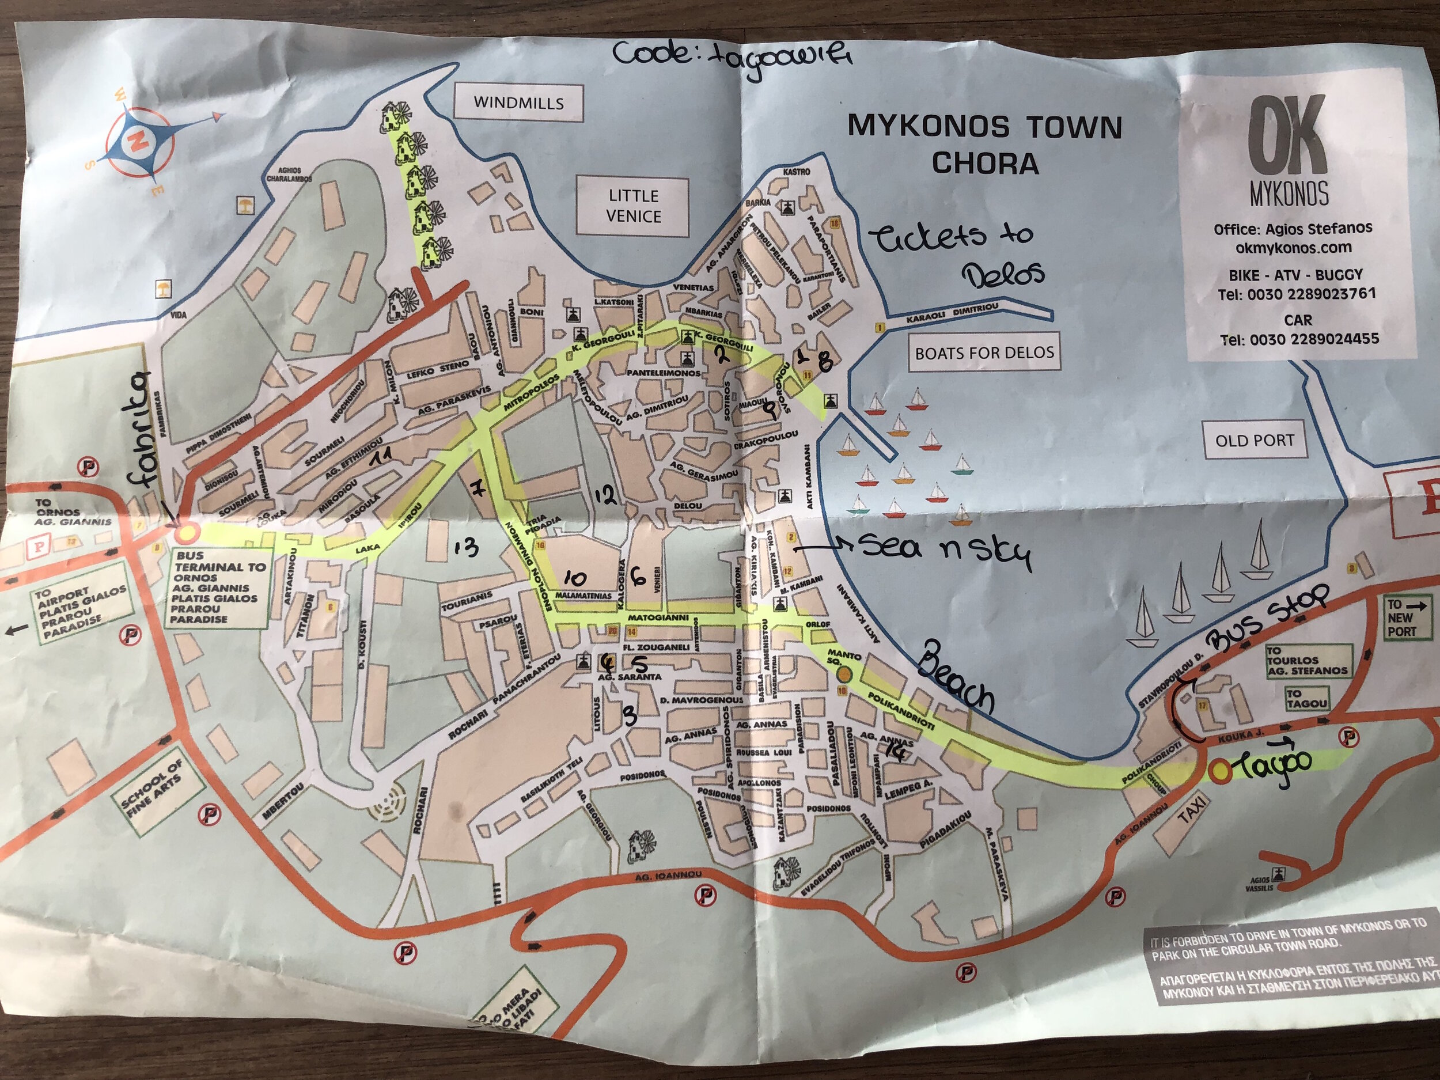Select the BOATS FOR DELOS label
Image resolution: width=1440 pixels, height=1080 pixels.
click(984, 353)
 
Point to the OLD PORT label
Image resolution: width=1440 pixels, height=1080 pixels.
click(1254, 441)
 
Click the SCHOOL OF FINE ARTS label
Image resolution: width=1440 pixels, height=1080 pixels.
click(155, 788)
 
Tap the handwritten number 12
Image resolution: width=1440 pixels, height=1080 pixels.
click(605, 496)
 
